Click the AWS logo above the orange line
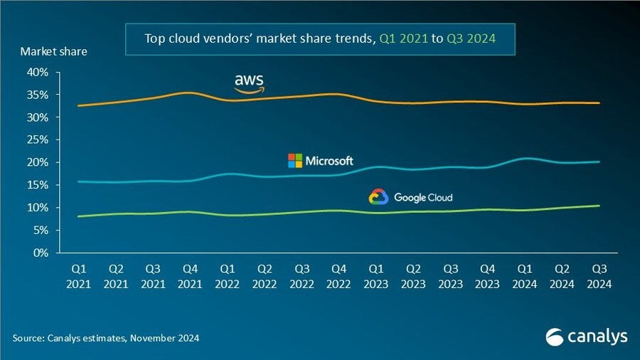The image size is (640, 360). point(249,83)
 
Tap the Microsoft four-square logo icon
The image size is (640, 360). point(294,161)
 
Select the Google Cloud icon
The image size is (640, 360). point(378,197)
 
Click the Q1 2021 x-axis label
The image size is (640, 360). point(79,276)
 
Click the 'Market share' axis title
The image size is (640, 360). point(54,51)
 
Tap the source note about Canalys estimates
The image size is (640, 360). point(106,338)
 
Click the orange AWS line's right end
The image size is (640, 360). point(599,103)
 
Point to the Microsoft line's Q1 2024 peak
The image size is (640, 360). point(525,158)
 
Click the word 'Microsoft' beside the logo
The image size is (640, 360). point(329,161)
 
